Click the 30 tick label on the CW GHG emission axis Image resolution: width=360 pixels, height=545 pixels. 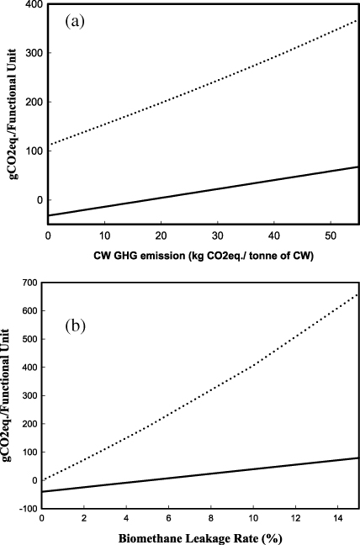tap(218, 236)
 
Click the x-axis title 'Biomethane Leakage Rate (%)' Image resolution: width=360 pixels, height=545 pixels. tap(200, 537)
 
